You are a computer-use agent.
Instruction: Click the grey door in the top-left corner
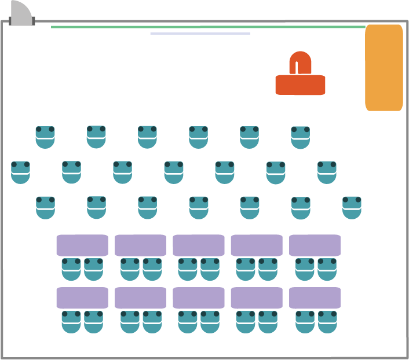tap(21, 14)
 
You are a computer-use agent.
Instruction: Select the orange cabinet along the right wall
tap(384, 67)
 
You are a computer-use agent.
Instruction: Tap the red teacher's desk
tap(300, 85)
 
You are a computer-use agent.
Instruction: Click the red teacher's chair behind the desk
tap(300, 63)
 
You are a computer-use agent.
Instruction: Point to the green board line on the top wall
tap(209, 27)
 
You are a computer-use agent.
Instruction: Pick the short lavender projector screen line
tap(200, 34)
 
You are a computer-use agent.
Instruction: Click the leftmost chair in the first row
tap(45, 137)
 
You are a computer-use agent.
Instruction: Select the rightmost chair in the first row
tap(300, 138)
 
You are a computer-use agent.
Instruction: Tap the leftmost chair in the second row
tap(20, 172)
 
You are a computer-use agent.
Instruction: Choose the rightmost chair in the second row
tap(327, 172)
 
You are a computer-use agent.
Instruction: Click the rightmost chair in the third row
tap(352, 208)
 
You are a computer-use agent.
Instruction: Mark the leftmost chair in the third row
tap(45, 208)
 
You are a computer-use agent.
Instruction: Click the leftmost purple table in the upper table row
tap(82, 245)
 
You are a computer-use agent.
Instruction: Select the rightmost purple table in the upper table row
tap(315, 245)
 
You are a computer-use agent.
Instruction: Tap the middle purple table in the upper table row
tap(199, 245)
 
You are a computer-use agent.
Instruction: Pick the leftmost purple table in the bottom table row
tap(82, 298)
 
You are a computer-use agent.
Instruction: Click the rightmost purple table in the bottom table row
tap(315, 298)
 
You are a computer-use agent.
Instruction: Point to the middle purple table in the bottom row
tap(199, 298)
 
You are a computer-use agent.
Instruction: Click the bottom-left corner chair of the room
tap(71, 322)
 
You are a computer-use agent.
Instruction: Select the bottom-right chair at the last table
tap(327, 322)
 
